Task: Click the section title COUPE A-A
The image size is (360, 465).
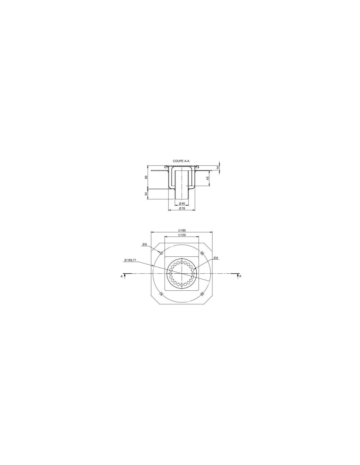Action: click(181, 161)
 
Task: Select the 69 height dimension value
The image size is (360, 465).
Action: click(146, 177)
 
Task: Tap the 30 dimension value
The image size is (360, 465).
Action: click(146, 194)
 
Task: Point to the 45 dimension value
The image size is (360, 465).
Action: click(207, 178)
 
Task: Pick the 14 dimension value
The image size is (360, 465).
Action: click(218, 168)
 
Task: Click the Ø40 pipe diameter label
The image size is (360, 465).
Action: click(182, 203)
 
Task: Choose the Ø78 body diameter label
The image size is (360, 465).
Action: click(182, 208)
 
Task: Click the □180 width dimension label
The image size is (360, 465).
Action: click(182, 231)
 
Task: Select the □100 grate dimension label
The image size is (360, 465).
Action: click(182, 235)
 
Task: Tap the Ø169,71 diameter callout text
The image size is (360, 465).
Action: click(130, 260)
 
